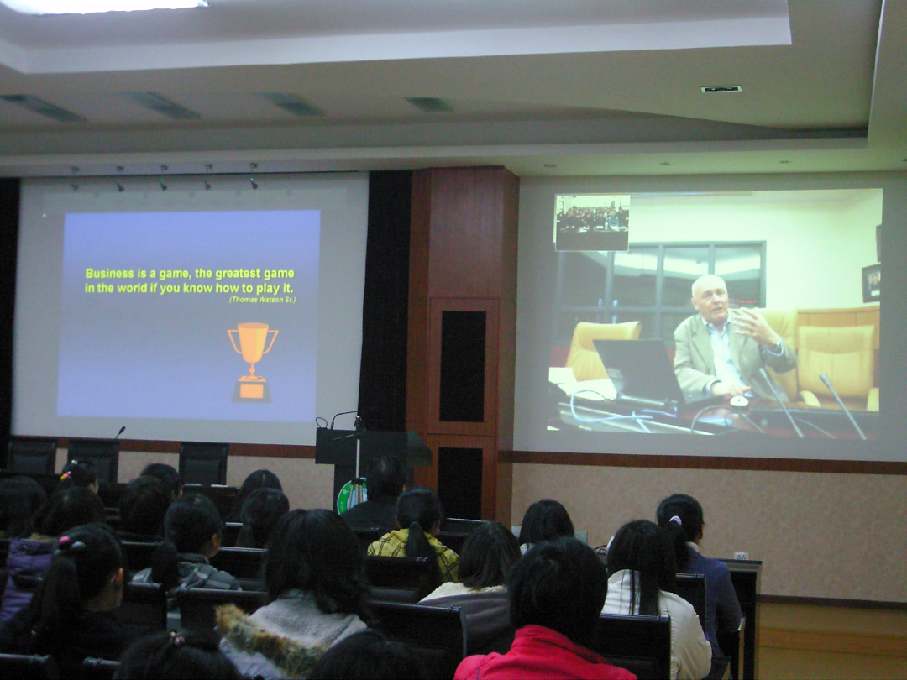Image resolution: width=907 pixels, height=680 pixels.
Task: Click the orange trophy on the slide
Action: pyautogui.click(x=252, y=361)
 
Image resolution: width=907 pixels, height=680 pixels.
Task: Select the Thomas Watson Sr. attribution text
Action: pyautogui.click(x=262, y=300)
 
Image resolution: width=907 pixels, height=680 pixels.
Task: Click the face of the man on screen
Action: pyautogui.click(x=710, y=299)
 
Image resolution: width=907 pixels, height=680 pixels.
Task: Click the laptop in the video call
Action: pyautogui.click(x=637, y=370)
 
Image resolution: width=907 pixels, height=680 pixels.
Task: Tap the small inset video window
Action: pyautogui.click(x=592, y=222)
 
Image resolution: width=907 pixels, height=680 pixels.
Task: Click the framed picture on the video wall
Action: pyautogui.click(x=871, y=283)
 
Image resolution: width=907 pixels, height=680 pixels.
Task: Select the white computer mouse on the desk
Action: pyautogui.click(x=739, y=400)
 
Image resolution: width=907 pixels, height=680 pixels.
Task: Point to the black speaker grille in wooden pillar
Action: pyautogui.click(x=462, y=366)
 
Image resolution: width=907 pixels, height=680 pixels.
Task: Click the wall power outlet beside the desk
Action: pyautogui.click(x=741, y=556)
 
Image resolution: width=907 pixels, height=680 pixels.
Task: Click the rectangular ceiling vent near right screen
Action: pyautogui.click(x=721, y=89)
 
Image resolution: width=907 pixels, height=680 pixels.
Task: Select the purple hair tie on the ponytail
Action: pyautogui.click(x=674, y=520)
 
